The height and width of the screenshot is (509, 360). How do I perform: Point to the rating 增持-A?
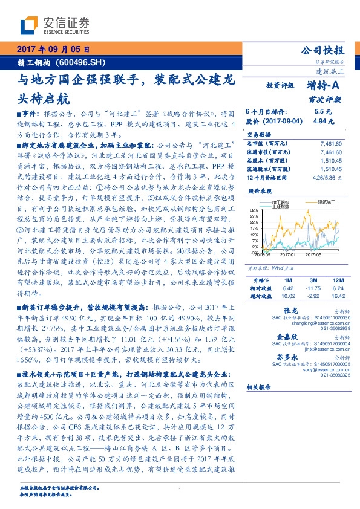323,86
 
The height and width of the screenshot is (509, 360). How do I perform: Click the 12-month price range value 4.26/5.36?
327,178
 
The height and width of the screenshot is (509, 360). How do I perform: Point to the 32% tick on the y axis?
254,211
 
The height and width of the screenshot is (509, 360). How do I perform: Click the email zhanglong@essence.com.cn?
322,323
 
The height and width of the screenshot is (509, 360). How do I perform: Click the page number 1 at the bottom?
180,490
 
